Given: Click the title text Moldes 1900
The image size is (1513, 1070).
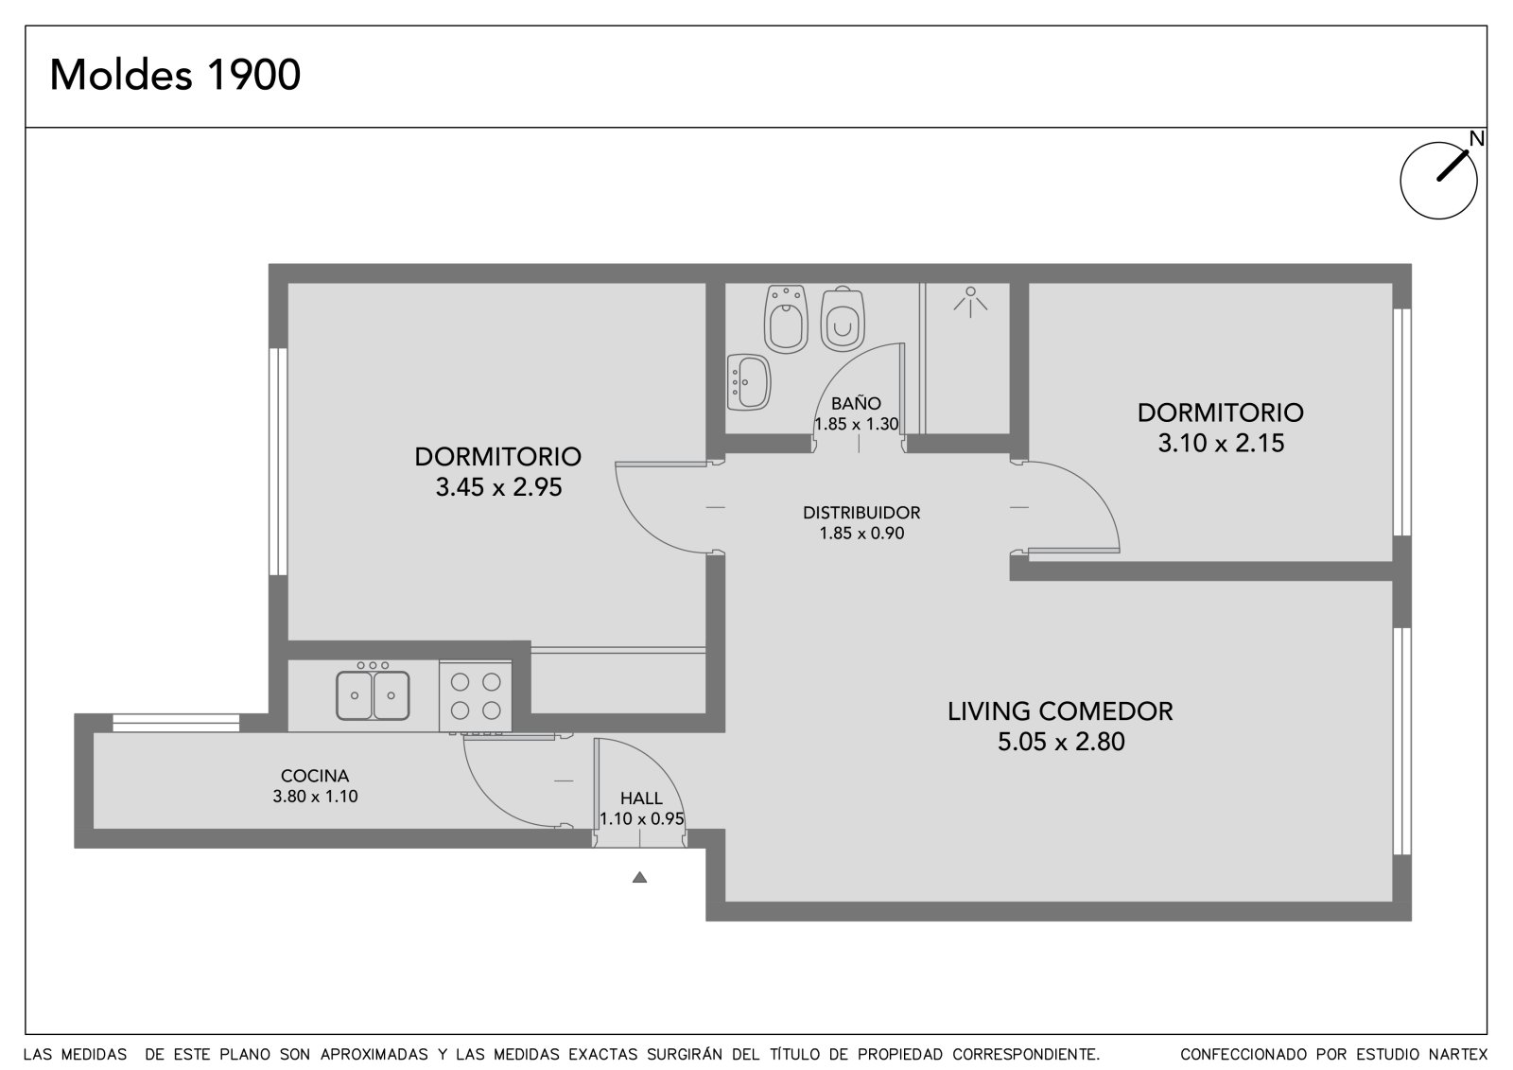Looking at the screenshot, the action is [x=175, y=75].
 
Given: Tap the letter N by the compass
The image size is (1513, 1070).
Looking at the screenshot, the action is [x=1477, y=138].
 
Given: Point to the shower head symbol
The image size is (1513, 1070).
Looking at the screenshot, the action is [x=970, y=302].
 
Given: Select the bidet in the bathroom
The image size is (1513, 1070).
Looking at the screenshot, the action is [x=786, y=319].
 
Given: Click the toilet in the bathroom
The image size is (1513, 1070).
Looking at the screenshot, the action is [x=843, y=319].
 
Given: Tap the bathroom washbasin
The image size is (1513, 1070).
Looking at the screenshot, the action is [x=749, y=382].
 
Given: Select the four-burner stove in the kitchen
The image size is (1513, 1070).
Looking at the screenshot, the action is [x=476, y=696].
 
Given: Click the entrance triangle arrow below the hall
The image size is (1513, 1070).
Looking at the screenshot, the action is [x=639, y=877].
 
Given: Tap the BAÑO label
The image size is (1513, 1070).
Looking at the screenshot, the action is [x=856, y=404].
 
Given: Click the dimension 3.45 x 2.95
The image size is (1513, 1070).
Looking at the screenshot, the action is [x=498, y=487].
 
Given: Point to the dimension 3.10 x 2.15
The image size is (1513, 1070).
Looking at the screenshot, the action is [x=1221, y=444].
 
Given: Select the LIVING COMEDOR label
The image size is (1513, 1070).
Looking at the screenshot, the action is [x=1060, y=711].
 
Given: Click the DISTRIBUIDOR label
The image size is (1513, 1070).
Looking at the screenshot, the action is [x=861, y=513].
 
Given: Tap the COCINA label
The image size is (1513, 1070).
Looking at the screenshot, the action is [x=315, y=776].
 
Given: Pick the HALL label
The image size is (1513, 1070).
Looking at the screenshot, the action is [x=641, y=798].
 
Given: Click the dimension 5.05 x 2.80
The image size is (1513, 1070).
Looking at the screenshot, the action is [x=1061, y=742].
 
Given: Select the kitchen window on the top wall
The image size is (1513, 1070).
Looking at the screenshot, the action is [x=176, y=723].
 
